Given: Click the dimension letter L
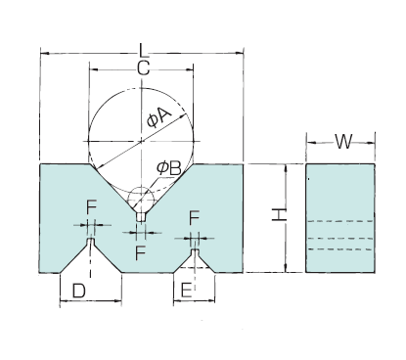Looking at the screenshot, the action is point(144,50).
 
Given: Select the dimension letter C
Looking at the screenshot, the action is point(143,68).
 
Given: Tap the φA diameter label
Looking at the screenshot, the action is point(158,118).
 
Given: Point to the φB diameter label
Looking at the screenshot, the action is point(168,168).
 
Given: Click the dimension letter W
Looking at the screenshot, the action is point(343,142).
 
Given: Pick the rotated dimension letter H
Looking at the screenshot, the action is point(279,215).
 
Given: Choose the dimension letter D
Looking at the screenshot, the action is point(78,291).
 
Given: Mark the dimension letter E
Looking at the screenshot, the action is point(186,291).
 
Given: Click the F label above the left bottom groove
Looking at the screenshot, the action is point(92,207).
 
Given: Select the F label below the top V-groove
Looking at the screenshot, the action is point(141,252).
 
